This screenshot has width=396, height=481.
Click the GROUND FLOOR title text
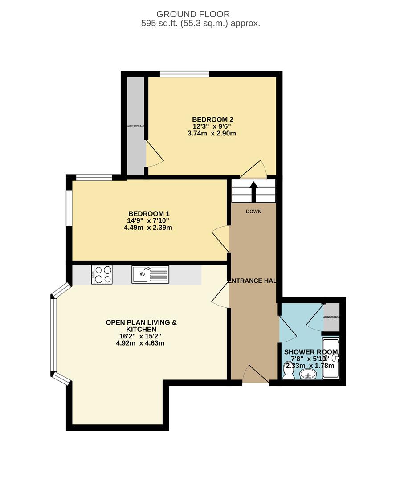200,15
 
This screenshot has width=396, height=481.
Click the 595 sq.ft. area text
200,24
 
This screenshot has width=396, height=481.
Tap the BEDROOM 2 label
212,119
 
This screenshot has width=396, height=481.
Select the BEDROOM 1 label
148,213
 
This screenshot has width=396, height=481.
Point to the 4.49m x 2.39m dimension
148,228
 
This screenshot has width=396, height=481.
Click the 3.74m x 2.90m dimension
212,133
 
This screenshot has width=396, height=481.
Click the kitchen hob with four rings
102,274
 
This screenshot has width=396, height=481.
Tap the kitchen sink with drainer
150,274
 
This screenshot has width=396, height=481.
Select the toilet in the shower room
289,371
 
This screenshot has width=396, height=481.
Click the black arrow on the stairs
254,192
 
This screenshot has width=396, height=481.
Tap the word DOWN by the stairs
253,212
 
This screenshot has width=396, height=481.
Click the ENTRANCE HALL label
253,281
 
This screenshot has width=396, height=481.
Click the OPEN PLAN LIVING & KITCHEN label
141,326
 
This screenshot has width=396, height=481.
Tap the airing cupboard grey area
331,317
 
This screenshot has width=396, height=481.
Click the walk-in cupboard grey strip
135,126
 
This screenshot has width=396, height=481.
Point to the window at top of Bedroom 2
184,74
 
